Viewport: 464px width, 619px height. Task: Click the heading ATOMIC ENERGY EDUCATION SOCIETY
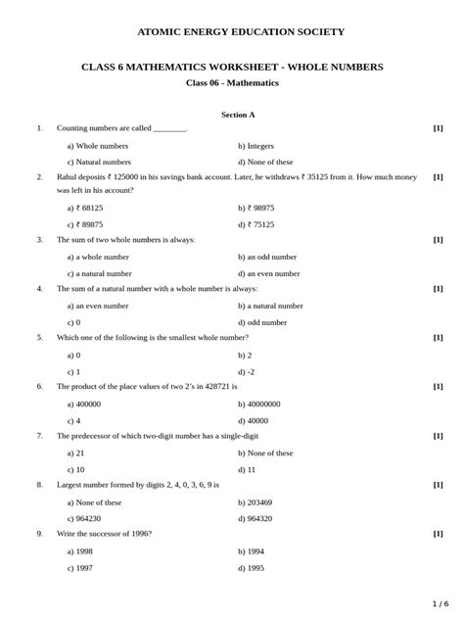241,32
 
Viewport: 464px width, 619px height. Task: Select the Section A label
238,115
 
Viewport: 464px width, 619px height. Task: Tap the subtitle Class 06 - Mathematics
232,83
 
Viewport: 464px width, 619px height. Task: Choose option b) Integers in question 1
255,146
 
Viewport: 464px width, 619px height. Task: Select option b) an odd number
267,257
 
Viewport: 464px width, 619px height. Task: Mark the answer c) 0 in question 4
73,322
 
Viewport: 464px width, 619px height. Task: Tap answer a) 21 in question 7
75,453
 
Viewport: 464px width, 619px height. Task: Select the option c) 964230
84,519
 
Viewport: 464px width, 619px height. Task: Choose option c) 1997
79,568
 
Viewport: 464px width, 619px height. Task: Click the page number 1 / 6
441,603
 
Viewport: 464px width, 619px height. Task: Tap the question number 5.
40,338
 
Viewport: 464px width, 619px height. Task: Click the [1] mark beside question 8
438,485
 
